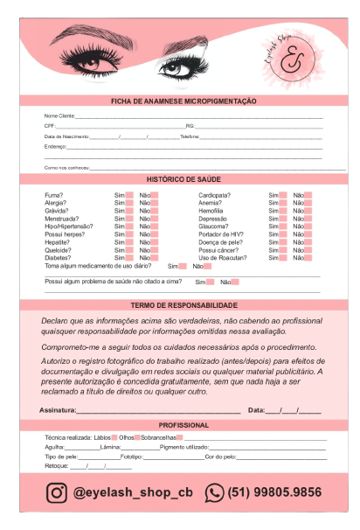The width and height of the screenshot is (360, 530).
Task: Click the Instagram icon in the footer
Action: [x=57, y=492]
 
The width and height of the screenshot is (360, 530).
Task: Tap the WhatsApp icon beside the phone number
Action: [x=214, y=492]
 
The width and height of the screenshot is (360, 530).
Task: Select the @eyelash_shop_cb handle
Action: [x=133, y=492]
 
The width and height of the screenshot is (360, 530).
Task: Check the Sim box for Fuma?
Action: [x=129, y=195]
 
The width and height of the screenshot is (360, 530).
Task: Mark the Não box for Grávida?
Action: [x=155, y=211]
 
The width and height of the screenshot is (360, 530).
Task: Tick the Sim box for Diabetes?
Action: [x=129, y=258]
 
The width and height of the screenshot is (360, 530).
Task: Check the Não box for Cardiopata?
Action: [x=308, y=195]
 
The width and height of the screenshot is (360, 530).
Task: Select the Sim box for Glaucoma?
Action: [x=283, y=227]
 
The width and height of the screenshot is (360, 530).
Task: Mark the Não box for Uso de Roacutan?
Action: [x=308, y=258]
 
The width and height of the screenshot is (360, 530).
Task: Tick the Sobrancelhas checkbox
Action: [x=179, y=436]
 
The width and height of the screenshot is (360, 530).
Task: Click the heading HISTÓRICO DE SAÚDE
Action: [x=183, y=178]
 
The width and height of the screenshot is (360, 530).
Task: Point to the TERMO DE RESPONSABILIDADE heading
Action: [x=183, y=305]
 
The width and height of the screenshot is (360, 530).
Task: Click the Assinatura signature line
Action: [x=157, y=411]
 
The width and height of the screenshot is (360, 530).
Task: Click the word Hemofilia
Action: [x=211, y=211]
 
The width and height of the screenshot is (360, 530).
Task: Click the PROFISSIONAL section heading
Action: [x=183, y=424]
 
